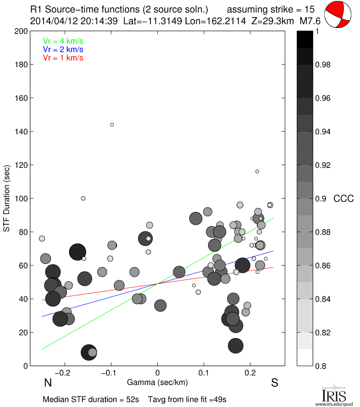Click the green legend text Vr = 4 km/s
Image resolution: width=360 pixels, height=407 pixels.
(x=63, y=40)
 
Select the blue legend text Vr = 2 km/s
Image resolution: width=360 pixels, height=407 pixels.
(x=63, y=49)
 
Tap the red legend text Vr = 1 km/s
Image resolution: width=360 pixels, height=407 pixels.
(x=63, y=58)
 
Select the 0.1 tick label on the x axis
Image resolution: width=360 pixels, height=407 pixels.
(x=204, y=373)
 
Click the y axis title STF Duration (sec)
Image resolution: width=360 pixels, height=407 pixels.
(x=7, y=198)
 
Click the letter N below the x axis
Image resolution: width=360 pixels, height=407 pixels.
(x=47, y=383)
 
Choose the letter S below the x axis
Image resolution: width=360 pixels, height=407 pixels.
(x=275, y=383)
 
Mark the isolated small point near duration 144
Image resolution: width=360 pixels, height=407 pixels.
(x=112, y=125)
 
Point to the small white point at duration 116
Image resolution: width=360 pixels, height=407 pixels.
(x=257, y=172)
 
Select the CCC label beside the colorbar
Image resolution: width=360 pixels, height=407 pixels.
(x=343, y=199)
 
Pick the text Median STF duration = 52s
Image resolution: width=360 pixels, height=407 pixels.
(x=91, y=399)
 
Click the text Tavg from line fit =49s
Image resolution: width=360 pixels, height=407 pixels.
(x=188, y=399)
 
